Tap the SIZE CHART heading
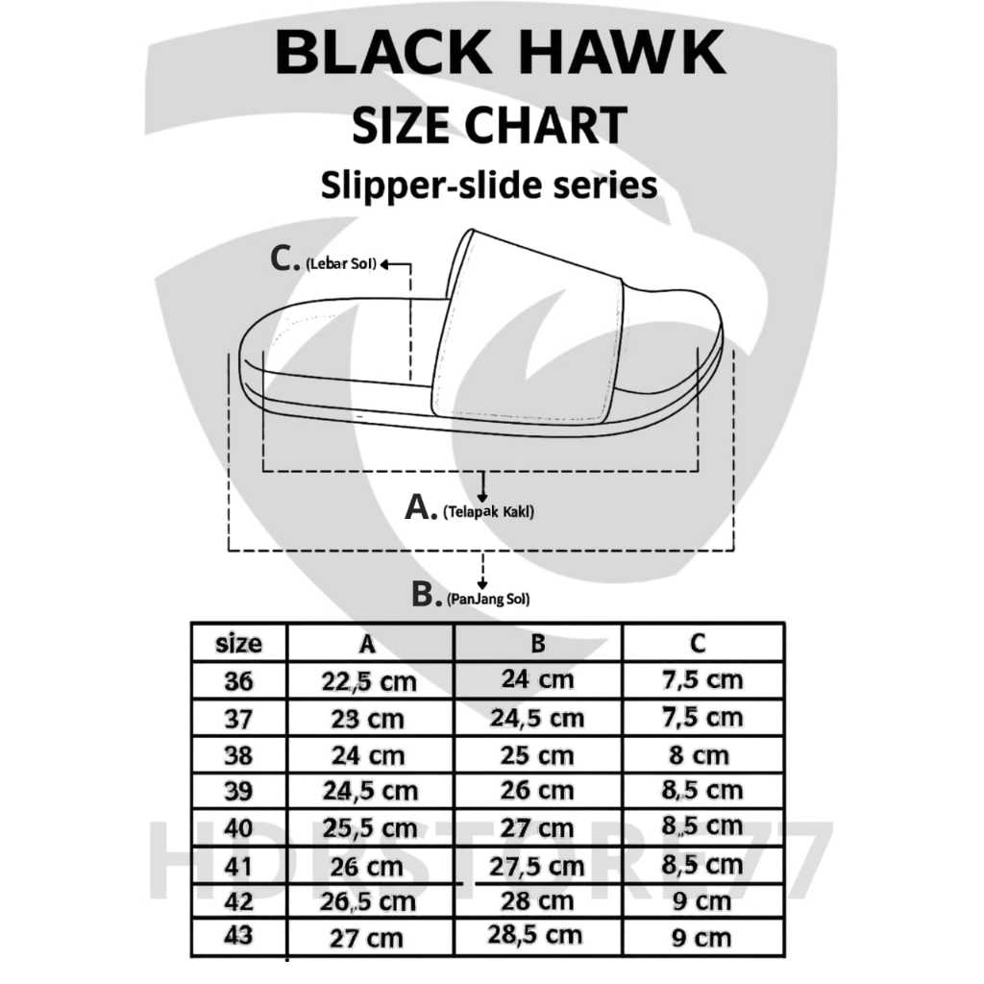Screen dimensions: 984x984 coord(489,125)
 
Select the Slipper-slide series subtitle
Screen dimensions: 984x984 coord(489,184)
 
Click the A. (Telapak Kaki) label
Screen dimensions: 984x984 coord(470,509)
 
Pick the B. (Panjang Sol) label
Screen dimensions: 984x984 coord(471,597)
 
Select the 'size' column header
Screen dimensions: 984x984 coord(238,643)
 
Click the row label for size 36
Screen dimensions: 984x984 coord(238,681)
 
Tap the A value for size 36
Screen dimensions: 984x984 coord(369,681)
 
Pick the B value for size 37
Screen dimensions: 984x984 coord(537,718)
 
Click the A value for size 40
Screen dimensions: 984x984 coord(369,828)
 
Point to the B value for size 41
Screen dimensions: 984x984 coord(537,866)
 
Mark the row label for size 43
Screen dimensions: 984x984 coord(238,937)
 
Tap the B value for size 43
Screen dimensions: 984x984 coord(537,935)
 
